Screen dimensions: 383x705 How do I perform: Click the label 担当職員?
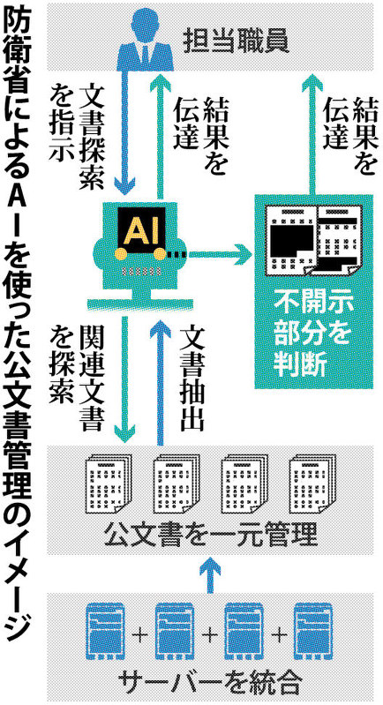[236, 41]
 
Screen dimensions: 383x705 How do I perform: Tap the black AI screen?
[141, 229]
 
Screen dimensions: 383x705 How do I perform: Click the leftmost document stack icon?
[108, 484]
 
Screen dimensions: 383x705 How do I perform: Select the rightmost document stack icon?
[312, 484]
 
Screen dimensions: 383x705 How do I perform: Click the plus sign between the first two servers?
[141, 635]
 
